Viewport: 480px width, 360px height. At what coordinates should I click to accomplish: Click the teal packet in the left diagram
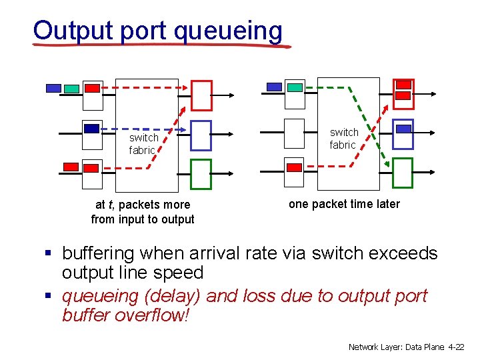(71, 89)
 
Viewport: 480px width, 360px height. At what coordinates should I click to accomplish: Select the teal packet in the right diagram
(294, 87)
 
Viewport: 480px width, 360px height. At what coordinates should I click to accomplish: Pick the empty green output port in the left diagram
(201, 174)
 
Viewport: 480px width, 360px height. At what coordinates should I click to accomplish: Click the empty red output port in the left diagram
(201, 95)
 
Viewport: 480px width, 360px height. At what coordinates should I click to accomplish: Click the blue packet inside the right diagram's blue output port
(403, 129)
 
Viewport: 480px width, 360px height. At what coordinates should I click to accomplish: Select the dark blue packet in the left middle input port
(92, 129)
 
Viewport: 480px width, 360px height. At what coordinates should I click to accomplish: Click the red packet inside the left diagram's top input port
(93, 88)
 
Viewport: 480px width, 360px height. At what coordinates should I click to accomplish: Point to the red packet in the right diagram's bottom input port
(294, 167)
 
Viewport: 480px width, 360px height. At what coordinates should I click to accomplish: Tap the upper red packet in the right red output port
(403, 85)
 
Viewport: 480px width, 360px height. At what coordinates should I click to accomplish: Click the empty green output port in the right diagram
(403, 173)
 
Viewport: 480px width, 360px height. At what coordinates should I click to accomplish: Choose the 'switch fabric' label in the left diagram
(143, 144)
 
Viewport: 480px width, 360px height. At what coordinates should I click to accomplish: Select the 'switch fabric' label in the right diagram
(343, 139)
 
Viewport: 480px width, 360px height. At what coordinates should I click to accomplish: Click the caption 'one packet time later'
(344, 204)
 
